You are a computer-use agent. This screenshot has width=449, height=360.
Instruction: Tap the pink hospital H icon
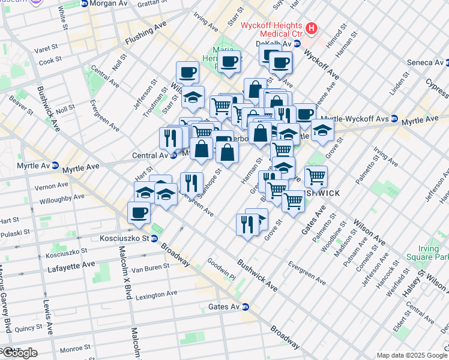click(x=312, y=28)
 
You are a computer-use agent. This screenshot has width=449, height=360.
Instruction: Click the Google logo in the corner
click(x=19, y=353)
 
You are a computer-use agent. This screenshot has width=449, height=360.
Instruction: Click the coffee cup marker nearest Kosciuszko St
click(x=139, y=212)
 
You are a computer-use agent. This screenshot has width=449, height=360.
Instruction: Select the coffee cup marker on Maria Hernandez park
click(x=229, y=61)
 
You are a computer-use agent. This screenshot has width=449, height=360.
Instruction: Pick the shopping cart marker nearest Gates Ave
click(x=293, y=201)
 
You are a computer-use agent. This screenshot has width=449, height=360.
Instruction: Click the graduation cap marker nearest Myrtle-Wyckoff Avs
click(x=322, y=129)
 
